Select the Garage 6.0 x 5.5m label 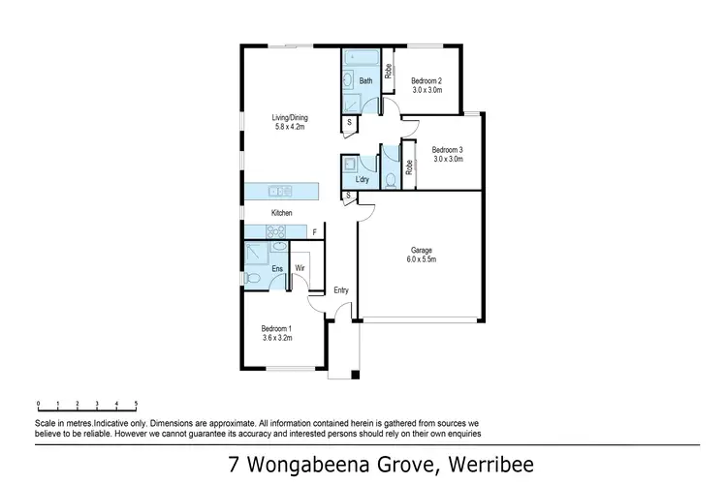pos(422,255)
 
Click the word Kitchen pos(281,213)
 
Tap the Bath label pos(365,81)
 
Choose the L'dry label pos(363,180)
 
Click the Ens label pos(276,267)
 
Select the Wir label pos(300,267)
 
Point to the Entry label pos(341,290)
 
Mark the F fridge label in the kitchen pos(313,231)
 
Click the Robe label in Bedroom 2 pos(388,70)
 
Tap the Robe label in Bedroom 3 pos(409,166)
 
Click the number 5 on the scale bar pos(136,402)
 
